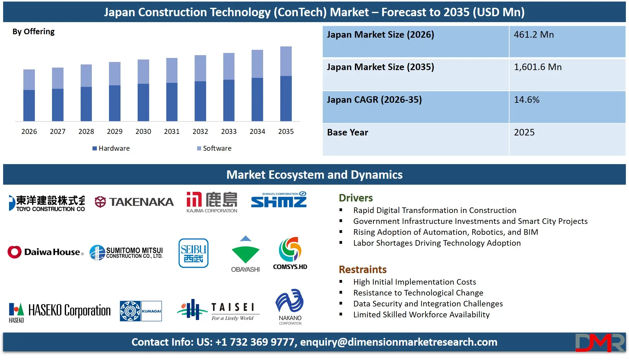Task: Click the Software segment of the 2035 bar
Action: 286,61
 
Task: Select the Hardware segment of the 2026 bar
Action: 29,105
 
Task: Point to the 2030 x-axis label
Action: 143,131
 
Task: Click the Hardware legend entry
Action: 111,148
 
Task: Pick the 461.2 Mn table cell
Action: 567,41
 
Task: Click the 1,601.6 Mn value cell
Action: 567,74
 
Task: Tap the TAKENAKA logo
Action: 134,202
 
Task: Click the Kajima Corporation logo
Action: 212,202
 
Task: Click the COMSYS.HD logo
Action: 290,253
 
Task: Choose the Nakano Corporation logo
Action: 290,306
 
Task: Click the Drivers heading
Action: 356,198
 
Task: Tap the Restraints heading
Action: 362,269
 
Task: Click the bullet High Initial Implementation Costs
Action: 414,282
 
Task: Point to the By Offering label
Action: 33,31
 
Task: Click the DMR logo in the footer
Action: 600,343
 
